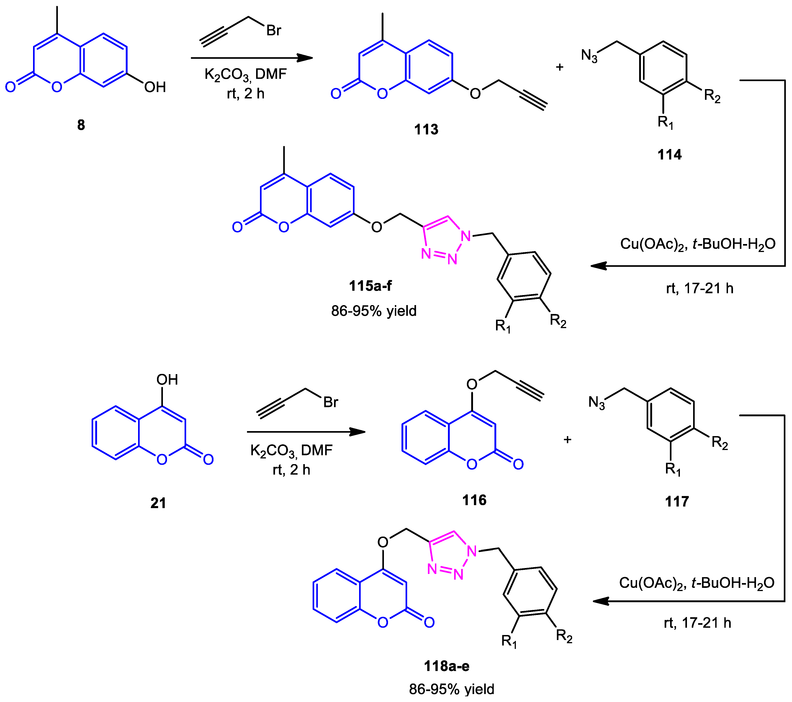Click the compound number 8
(81, 125)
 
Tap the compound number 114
(669, 154)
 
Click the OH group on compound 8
(155, 87)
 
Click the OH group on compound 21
(167, 380)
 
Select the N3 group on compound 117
(596, 403)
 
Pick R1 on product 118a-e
(509, 641)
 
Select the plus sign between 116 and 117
(567, 439)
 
